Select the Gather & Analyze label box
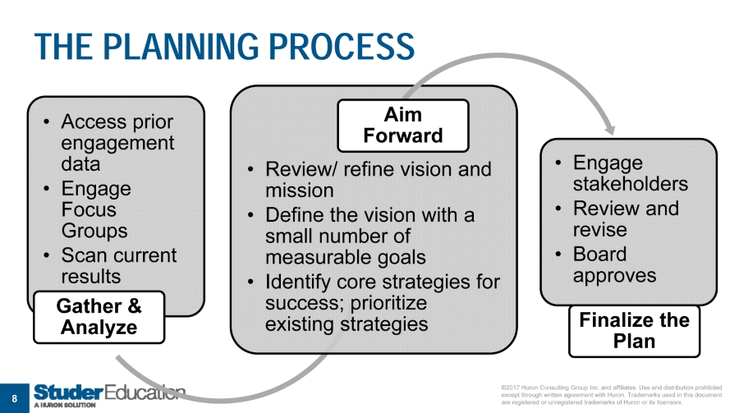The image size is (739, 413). tap(99, 317)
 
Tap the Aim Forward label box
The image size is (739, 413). tap(402, 124)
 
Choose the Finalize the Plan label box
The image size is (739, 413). tap(634, 330)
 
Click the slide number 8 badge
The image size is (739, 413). tap(13, 398)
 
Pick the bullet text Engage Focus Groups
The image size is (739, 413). tap(95, 209)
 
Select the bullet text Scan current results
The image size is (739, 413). tap(118, 265)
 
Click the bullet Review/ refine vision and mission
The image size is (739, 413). tap(377, 180)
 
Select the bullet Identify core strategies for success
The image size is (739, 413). tap(382, 292)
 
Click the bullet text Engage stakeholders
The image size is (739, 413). tap(630, 172)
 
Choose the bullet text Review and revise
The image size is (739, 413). tap(625, 218)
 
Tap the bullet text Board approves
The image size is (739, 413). tap(613, 264)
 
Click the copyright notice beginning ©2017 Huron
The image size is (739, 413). tap(610, 395)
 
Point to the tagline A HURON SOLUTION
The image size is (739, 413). tap(65, 406)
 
